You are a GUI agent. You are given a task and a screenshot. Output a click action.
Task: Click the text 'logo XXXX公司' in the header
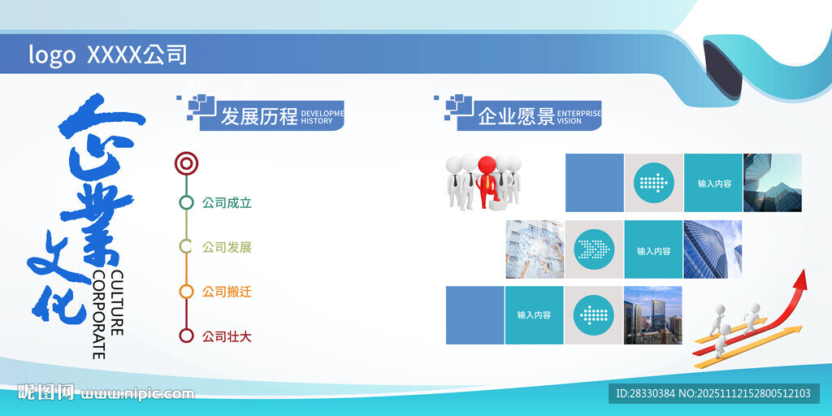(x=108, y=54)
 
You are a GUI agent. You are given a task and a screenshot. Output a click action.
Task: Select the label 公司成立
(x=227, y=203)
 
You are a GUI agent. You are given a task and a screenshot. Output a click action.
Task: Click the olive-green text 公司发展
(x=227, y=247)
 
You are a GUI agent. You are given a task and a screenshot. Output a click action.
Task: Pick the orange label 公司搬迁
(x=227, y=291)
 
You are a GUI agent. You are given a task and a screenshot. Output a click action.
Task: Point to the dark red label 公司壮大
(x=227, y=336)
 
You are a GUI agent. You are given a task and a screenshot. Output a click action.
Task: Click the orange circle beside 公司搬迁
(x=187, y=291)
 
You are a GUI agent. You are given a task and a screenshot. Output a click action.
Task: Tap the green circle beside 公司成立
(x=187, y=203)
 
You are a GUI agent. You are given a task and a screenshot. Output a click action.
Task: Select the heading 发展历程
(x=259, y=116)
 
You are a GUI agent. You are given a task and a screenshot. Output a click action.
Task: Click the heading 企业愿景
(x=516, y=116)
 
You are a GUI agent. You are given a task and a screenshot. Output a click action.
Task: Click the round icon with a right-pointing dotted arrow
(x=654, y=183)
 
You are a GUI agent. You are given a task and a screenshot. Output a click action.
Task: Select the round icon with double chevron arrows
(x=595, y=249)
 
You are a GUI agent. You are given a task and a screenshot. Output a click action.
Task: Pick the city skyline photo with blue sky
(x=652, y=314)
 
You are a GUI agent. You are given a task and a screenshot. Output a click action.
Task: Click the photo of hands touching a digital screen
(x=535, y=249)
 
